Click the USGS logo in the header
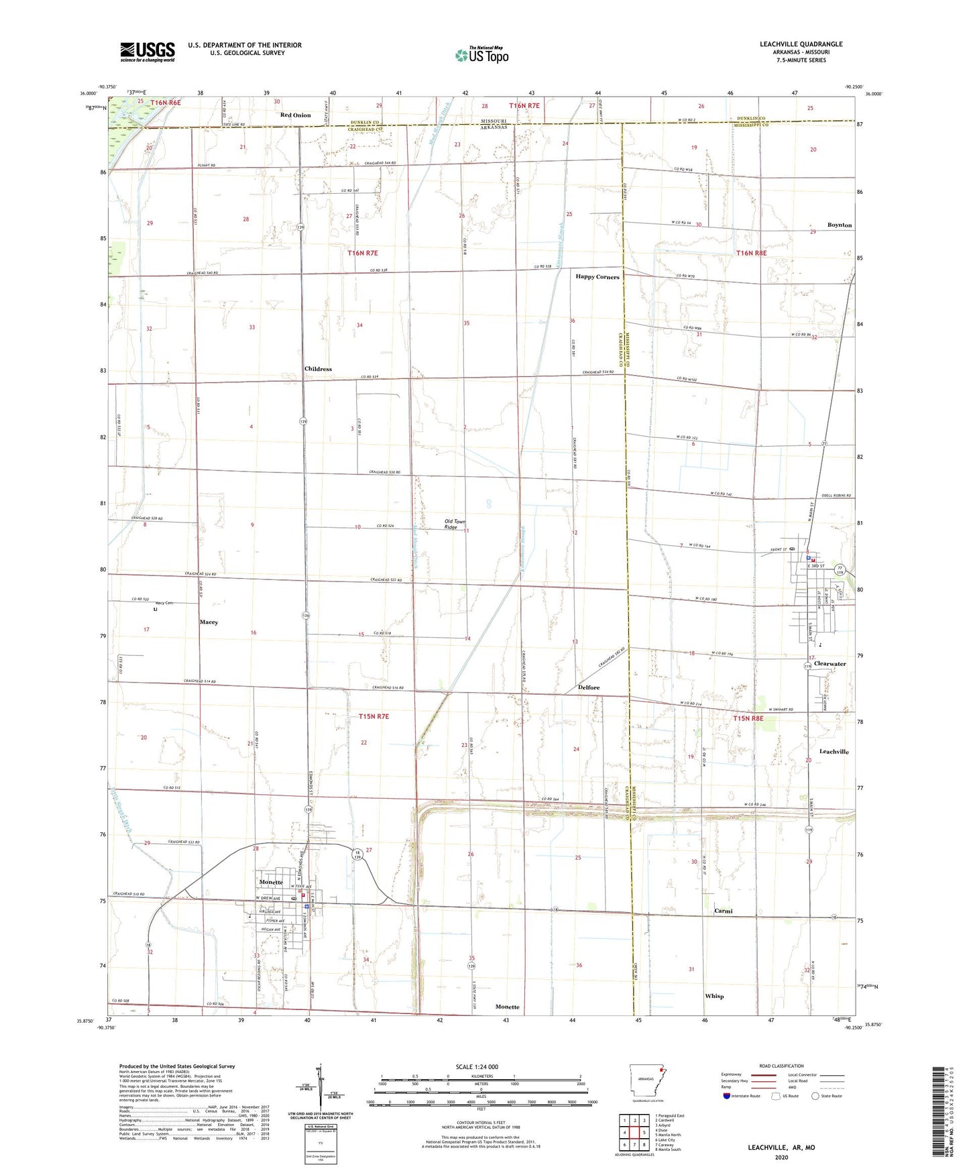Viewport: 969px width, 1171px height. tap(147, 52)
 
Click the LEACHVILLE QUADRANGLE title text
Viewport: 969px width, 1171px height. tap(801, 44)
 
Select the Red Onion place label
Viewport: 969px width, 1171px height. tap(295, 115)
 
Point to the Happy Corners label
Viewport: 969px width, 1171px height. tap(597, 277)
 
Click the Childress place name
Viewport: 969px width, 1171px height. tap(318, 370)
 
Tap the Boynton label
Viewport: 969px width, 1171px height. tap(839, 225)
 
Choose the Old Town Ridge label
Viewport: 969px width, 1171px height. tap(455, 524)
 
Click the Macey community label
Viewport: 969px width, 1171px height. tap(209, 622)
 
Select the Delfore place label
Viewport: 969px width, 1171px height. tap(589, 688)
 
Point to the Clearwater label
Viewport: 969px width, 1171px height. tap(830, 664)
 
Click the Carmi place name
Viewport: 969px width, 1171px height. tap(723, 911)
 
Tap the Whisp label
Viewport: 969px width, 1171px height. tap(714, 997)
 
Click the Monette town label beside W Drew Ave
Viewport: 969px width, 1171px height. tap(271, 882)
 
